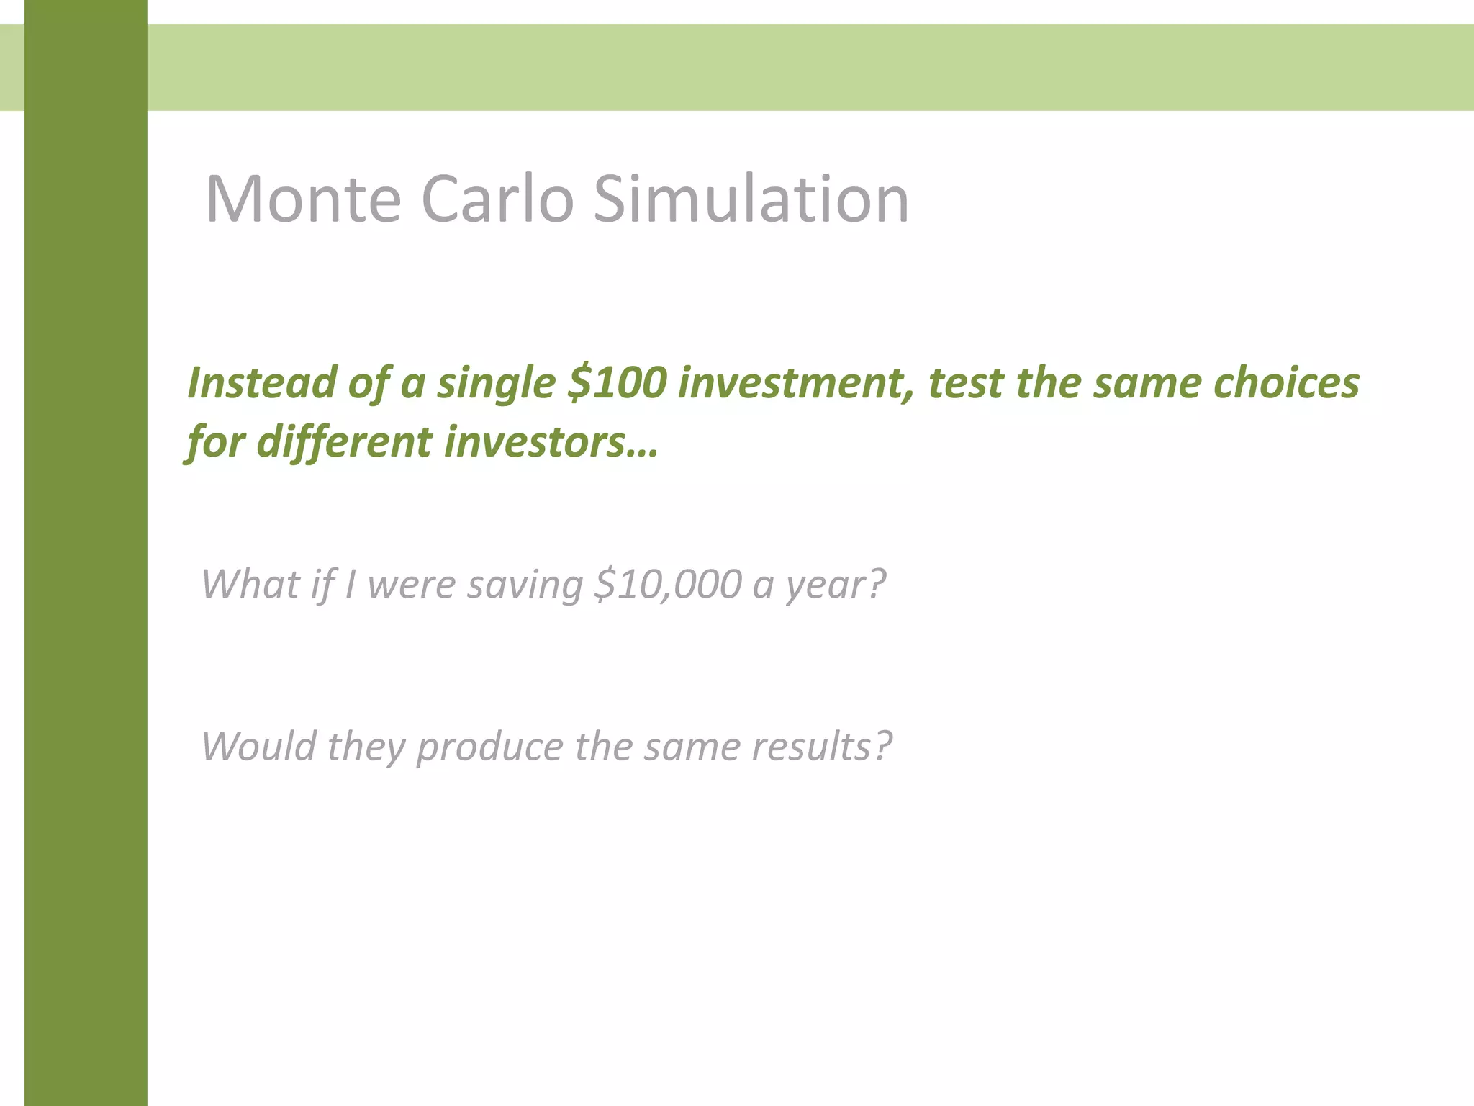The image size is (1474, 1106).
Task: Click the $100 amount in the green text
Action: tap(618, 382)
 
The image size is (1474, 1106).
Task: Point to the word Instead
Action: tap(261, 382)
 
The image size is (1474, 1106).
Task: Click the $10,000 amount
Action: tap(667, 583)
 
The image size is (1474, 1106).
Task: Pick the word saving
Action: tap(525, 583)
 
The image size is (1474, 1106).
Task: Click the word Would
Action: tap(258, 746)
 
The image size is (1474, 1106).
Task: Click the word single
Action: tap(496, 384)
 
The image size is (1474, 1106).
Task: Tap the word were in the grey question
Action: tap(411, 583)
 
